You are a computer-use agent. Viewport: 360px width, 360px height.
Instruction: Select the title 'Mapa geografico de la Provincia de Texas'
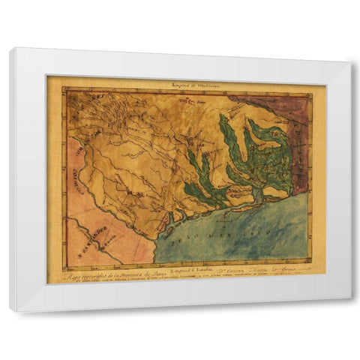(105, 275)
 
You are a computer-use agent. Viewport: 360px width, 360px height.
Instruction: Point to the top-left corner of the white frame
(10, 49)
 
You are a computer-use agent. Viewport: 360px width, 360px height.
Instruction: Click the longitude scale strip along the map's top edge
(187, 92)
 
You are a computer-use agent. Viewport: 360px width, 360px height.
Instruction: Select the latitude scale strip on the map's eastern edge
(309, 180)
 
